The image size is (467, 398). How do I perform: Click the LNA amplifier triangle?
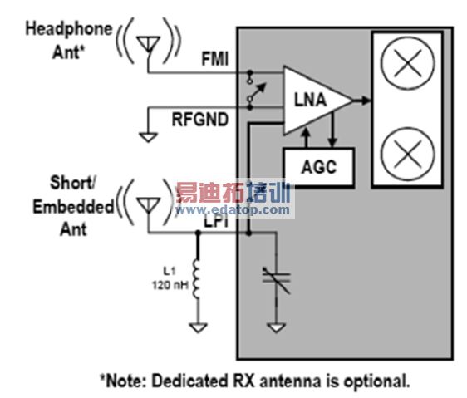click(315, 101)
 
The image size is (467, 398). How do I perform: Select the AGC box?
click(318, 166)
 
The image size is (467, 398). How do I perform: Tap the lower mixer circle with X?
click(407, 153)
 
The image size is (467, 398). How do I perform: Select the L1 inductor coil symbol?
click(199, 278)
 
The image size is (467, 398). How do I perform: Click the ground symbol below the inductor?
click(198, 327)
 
